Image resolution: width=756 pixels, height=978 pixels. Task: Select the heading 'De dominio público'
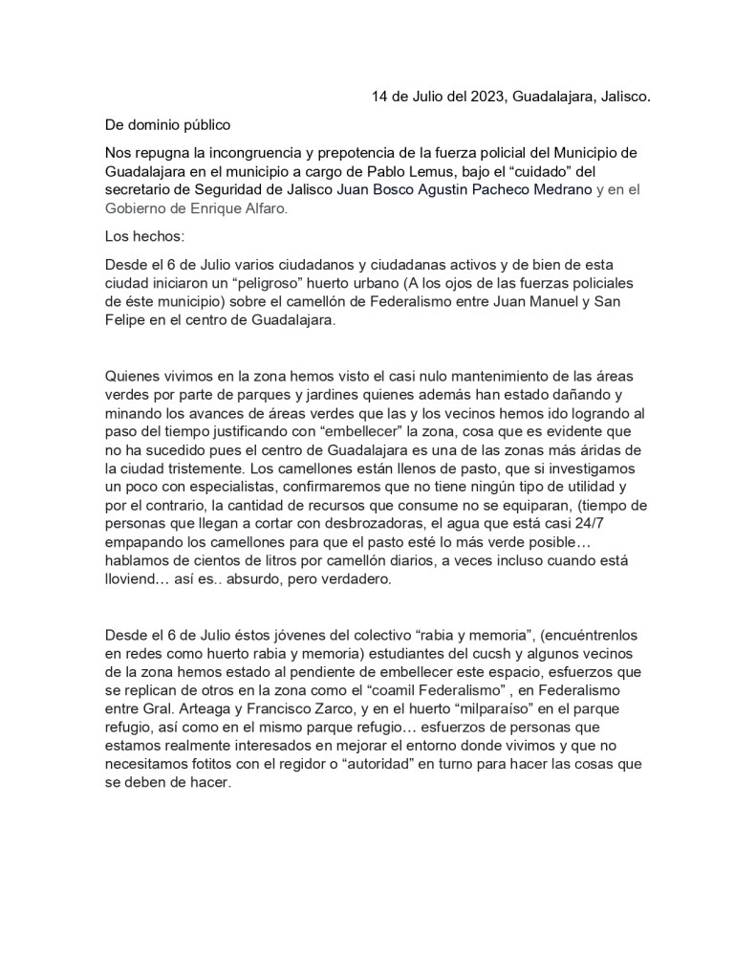tap(167, 124)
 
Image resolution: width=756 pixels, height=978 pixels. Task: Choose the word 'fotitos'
tap(211, 763)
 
